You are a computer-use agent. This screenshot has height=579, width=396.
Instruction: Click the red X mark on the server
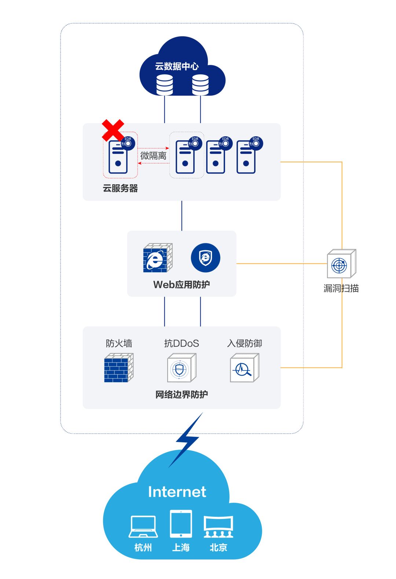point(113,130)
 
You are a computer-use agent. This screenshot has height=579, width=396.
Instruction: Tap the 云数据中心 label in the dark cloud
point(177,66)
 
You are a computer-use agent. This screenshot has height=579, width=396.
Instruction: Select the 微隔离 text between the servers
point(153,156)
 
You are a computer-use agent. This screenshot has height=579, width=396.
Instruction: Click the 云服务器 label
point(120,188)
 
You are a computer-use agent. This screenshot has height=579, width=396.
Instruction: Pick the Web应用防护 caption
point(181,284)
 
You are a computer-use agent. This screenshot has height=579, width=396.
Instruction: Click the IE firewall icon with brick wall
point(158,258)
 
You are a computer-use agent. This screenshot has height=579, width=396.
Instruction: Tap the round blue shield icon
point(205,258)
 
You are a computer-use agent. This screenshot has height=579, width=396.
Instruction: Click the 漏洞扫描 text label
point(341,288)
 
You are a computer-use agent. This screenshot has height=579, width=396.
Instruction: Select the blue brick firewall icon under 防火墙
point(118,368)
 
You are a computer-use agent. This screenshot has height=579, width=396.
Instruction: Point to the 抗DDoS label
point(181,343)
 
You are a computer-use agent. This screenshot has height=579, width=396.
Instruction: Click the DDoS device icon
point(181,368)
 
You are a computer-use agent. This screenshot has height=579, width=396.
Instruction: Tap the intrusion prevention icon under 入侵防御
point(244,368)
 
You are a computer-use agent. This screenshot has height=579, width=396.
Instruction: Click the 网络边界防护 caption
point(181,395)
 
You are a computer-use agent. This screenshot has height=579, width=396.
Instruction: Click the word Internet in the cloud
point(177,492)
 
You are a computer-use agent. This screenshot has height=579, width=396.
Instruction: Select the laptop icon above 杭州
point(143,527)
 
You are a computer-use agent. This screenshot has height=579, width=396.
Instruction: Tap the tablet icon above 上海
point(181,524)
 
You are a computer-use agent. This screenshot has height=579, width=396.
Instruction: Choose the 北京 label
point(219,547)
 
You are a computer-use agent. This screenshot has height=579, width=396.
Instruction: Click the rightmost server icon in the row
point(247,157)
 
